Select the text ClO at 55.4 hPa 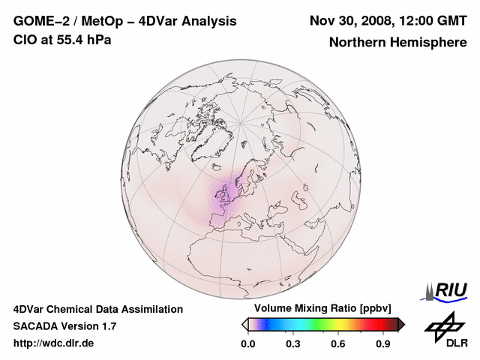[x=62, y=40]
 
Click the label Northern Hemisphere [x=397, y=43]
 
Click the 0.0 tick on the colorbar [x=247, y=344]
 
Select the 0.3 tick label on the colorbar [x=293, y=344]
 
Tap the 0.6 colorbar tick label [x=339, y=344]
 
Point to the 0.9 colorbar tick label [x=384, y=344]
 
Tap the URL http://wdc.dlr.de [x=54, y=343]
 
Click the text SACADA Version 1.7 [x=64, y=326]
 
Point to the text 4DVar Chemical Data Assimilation [x=98, y=309]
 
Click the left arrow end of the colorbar [x=244, y=324]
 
